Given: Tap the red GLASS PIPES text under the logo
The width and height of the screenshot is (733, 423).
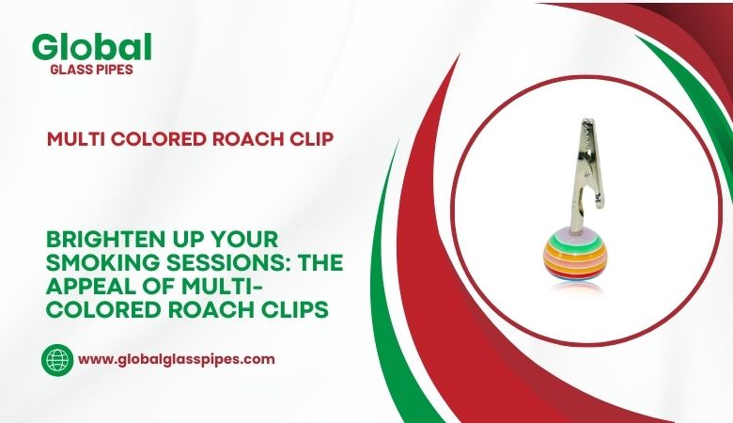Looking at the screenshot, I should click(x=91, y=69).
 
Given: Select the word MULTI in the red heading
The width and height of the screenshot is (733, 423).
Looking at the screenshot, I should click(x=75, y=137).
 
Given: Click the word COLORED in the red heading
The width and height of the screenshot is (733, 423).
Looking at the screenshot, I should click(x=155, y=137).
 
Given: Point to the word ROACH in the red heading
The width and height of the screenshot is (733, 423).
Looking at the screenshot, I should click(x=243, y=137).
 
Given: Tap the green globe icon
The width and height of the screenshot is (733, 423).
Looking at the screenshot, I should click(x=57, y=359).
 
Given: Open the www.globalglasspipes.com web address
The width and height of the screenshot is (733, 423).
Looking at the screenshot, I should click(x=176, y=359).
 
